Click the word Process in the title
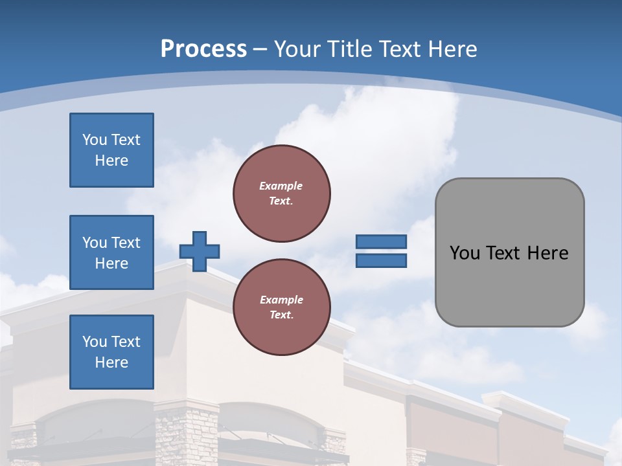pyautogui.click(x=203, y=49)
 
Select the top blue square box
pyautogui.click(x=111, y=150)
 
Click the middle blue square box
pyautogui.click(x=111, y=252)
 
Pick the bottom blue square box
pyautogui.click(x=111, y=352)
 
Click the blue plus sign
pyautogui.click(x=200, y=251)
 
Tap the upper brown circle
pyautogui.click(x=282, y=194)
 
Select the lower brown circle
pyautogui.click(x=282, y=307)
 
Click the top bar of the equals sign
pyautogui.click(x=381, y=242)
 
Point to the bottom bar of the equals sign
pyautogui.click(x=381, y=260)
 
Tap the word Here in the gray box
pyautogui.click(x=547, y=253)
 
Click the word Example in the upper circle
pyautogui.click(x=281, y=186)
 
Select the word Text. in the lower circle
pyautogui.click(x=281, y=315)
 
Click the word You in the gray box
pyautogui.click(x=464, y=253)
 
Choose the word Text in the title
pyautogui.click(x=399, y=49)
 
